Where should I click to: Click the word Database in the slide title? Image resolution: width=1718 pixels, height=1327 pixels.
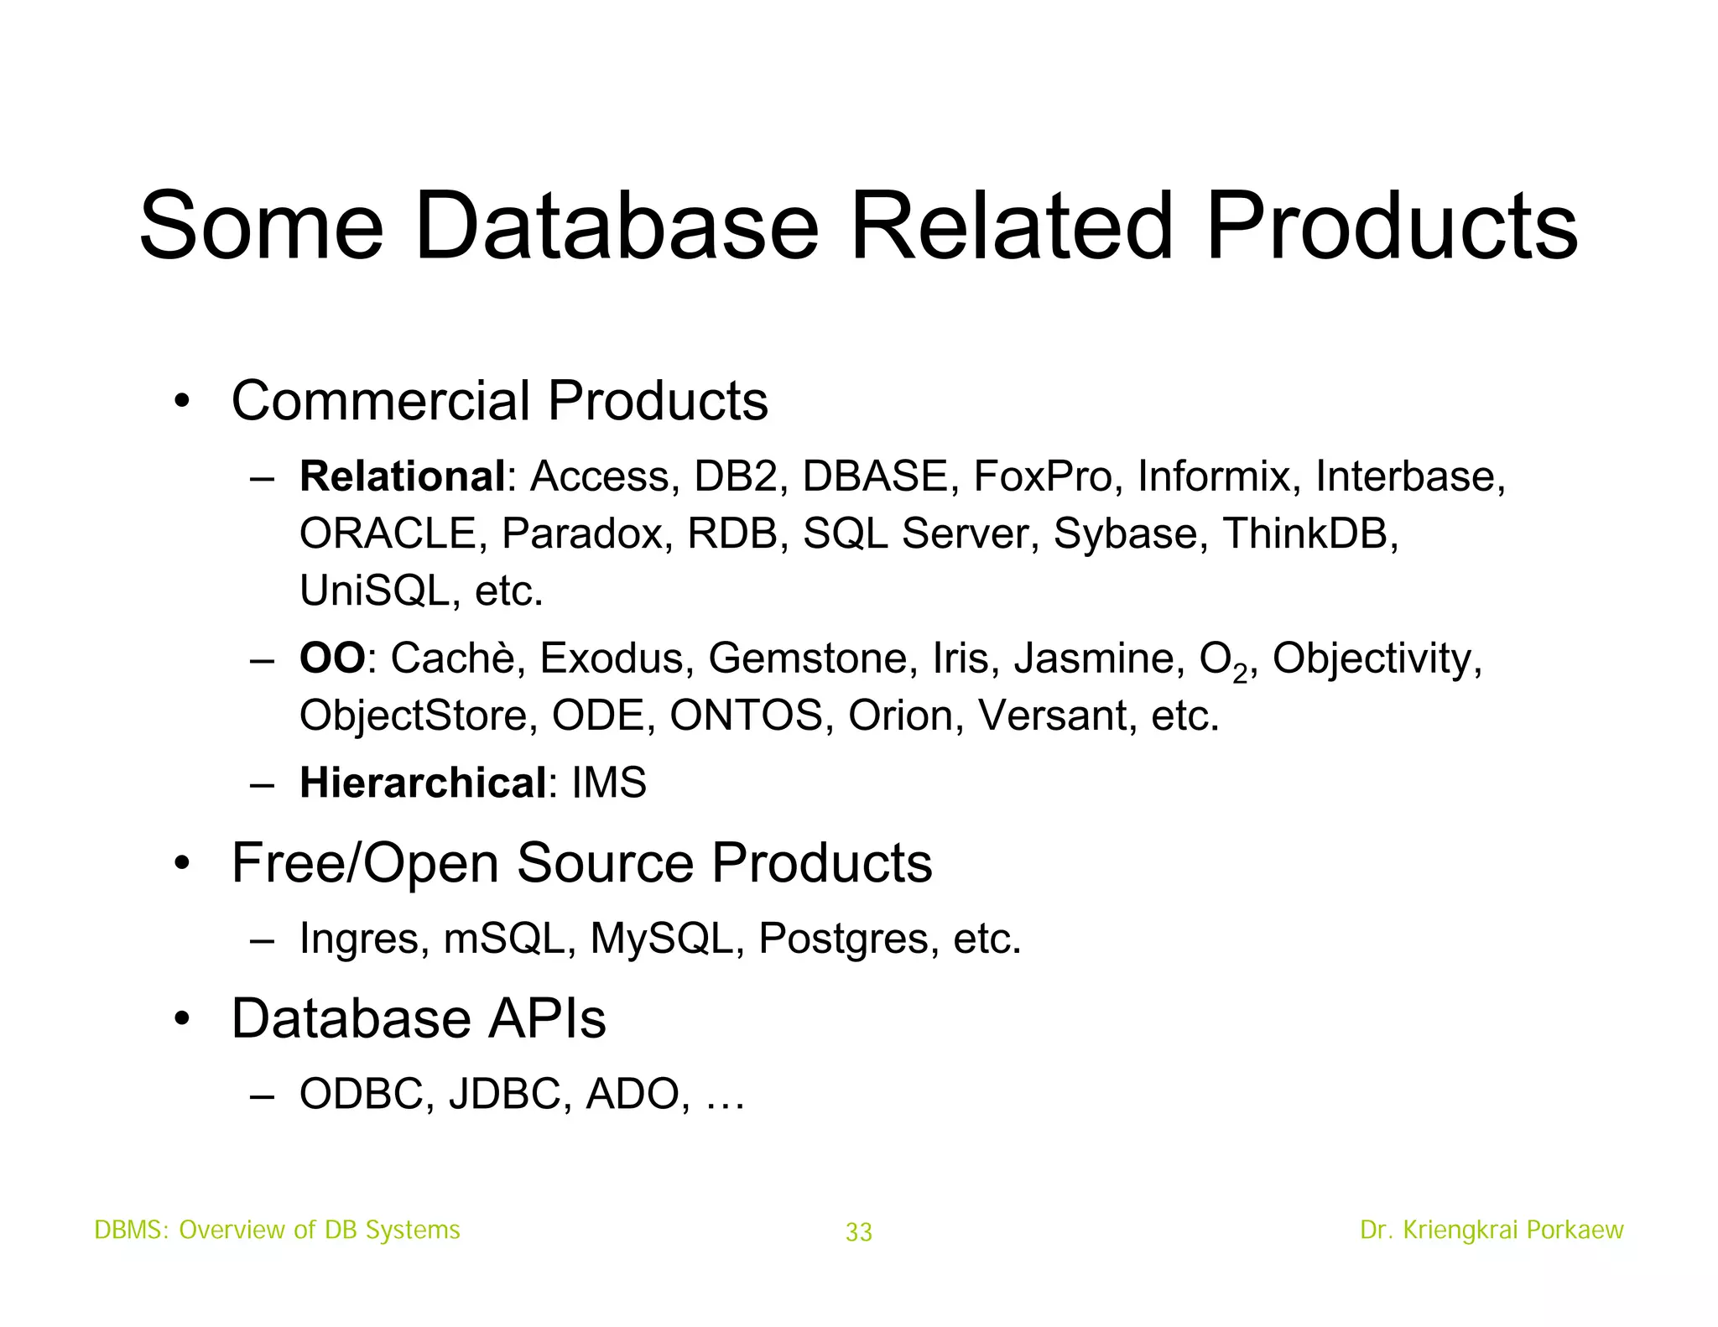coord(617,226)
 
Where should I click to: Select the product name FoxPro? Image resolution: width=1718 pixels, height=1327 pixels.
coord(1042,476)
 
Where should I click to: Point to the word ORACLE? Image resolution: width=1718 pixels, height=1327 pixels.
coord(388,533)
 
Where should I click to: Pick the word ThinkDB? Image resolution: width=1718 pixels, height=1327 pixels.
coord(1309,533)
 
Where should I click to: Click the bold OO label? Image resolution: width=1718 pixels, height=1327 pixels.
coord(332,658)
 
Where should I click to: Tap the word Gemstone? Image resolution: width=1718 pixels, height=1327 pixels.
coord(807,658)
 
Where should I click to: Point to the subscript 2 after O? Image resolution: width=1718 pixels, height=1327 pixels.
coord(1240,673)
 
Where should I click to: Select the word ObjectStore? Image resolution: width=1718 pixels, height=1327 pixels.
coord(413,716)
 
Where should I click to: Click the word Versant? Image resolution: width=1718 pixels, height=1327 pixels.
coord(1052,716)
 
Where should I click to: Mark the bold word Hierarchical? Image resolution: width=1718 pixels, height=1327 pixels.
coord(423,783)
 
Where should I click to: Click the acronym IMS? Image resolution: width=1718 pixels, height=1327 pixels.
coord(609,783)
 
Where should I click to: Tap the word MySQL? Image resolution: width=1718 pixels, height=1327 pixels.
coord(661,938)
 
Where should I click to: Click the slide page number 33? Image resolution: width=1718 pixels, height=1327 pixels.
coord(859,1232)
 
